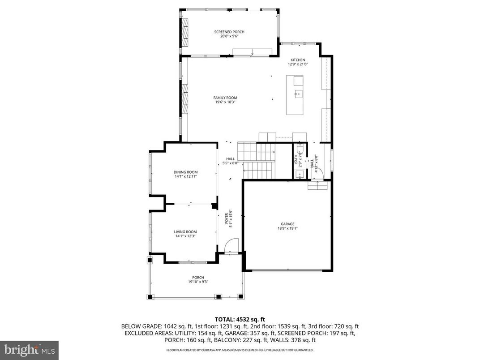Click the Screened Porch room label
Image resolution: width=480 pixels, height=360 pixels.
pos(229,32)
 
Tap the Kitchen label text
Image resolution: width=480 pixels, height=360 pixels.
pos(298,60)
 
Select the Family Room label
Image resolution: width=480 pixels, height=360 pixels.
pos(225,98)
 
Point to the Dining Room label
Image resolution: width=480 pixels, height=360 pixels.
pos(185,172)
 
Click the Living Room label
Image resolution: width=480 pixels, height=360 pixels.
pos(185,231)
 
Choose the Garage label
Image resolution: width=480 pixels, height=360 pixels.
pos(287,224)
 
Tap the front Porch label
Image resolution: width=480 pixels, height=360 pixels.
pos(198,278)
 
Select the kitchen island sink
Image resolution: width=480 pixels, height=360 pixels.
pos(298,94)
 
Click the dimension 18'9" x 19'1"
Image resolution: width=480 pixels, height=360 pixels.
pos(287,228)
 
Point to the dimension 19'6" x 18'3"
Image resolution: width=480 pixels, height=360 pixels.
pos(225,102)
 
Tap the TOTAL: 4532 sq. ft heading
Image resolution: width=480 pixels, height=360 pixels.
pos(240,319)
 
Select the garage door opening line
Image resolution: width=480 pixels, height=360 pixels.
pos(287,270)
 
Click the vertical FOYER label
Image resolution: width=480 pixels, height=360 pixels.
pos(227,219)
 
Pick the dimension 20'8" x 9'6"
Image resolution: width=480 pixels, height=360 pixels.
pos(229,36)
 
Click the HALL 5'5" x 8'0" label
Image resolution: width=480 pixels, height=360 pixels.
pos(230,161)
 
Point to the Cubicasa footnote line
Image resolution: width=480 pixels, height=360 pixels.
pos(240,350)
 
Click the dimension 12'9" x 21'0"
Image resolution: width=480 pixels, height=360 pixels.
pos(298,64)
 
